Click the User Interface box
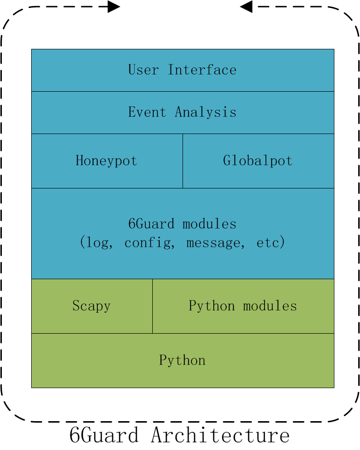[182, 70]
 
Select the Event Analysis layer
[182, 112]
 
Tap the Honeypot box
[107, 161]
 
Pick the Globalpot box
[258, 161]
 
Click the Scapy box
[91, 306]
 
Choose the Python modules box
[243, 306]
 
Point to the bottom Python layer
[182, 360]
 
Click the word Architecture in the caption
[220, 436]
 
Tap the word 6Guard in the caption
[103, 436]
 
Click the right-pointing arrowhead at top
[114, 7]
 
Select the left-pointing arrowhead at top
[246, 7]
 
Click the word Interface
[202, 70]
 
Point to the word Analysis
[205, 112]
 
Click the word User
[143, 70]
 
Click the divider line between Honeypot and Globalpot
[183, 161]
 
